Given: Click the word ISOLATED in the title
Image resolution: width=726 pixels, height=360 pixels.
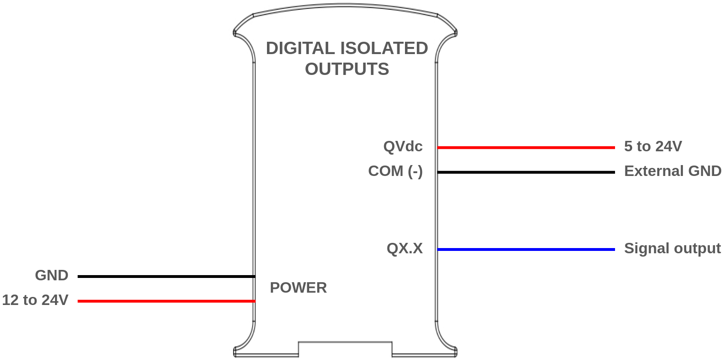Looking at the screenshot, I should click(x=384, y=48).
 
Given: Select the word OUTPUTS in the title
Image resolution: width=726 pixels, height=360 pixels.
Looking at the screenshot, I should click(x=347, y=69).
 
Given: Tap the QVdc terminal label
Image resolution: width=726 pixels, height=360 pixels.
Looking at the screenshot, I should click(x=403, y=147).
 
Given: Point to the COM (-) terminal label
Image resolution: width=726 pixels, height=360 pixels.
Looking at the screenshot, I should click(x=395, y=171).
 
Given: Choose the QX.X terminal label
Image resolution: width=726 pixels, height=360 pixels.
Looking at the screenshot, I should click(x=404, y=249).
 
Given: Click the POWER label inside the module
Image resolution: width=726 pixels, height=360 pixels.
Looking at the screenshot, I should click(x=298, y=287).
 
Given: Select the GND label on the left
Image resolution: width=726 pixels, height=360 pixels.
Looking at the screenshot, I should click(x=52, y=276).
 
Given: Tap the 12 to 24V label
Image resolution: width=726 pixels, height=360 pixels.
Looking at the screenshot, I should click(x=35, y=300).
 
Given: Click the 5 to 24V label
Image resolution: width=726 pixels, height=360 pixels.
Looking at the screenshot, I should click(x=653, y=147).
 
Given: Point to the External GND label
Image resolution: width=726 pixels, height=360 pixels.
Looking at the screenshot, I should click(x=672, y=171).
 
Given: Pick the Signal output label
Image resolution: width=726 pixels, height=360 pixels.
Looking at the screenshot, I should click(x=672, y=249).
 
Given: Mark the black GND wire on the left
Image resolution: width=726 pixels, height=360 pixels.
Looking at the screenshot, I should click(x=166, y=276).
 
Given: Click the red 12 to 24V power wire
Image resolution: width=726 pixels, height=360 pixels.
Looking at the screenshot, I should click(x=166, y=301).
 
